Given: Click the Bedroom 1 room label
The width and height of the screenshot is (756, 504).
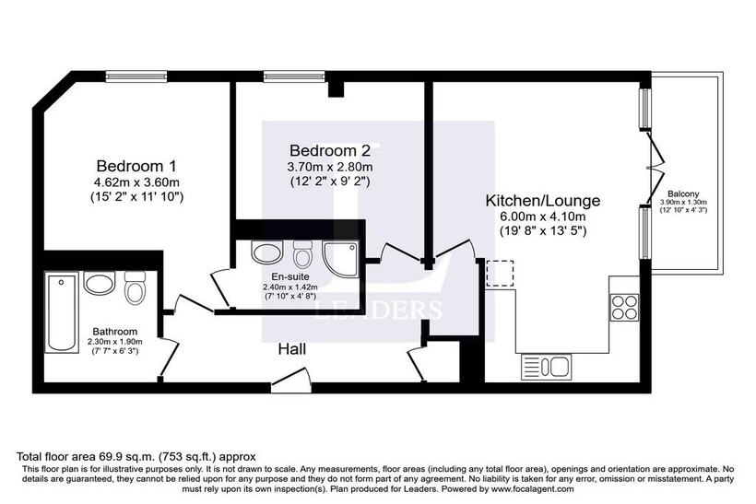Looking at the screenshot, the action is (x=136, y=166).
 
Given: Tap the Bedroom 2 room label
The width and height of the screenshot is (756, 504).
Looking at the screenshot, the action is (x=330, y=151).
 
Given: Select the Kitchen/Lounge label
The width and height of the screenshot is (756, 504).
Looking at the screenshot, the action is (x=543, y=201).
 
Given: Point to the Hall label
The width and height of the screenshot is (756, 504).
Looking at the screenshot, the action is (x=291, y=349).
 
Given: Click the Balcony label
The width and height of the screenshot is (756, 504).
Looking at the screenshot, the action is (x=683, y=193).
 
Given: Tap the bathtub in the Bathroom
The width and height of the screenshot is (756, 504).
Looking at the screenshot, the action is (x=62, y=311).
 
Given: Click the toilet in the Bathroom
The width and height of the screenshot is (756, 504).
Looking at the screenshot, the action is (x=135, y=287).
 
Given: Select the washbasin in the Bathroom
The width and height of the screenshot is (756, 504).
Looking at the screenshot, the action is (x=100, y=282).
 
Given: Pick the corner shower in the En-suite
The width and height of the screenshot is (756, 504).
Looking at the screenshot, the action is (x=341, y=259).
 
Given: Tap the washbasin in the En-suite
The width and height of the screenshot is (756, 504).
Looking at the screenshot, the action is (x=266, y=252).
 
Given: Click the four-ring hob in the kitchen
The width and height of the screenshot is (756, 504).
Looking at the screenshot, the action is (x=624, y=308).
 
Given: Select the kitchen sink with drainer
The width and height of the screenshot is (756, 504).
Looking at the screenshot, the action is (x=547, y=366).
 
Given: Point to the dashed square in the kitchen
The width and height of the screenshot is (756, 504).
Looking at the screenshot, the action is (x=500, y=274).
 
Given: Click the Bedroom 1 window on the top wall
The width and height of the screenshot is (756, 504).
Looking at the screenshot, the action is (x=136, y=76).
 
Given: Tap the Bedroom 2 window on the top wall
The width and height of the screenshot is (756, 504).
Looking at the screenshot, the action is (x=293, y=76).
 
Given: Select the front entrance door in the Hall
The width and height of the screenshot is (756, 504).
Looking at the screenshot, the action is (x=289, y=378).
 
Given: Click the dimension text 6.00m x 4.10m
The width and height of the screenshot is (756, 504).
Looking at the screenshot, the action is (x=542, y=217).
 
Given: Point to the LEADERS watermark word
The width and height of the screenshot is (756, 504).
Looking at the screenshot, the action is (x=378, y=310).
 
